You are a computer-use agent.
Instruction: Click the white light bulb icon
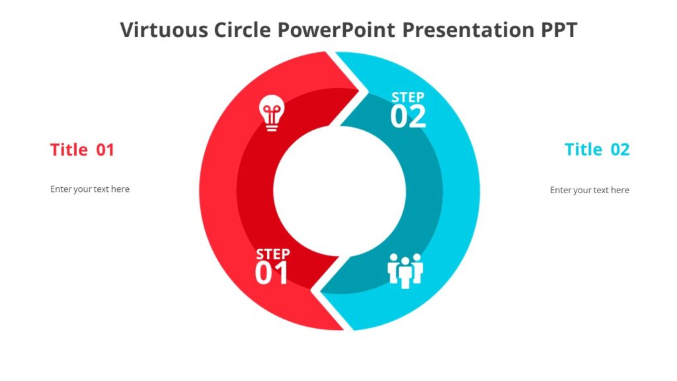point(271,112)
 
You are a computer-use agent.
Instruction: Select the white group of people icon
point(405,270)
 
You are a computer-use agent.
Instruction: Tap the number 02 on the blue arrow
point(408,118)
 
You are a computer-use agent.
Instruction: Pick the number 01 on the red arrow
point(272,274)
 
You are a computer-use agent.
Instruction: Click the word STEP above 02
point(408,98)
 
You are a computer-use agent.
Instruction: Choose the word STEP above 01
point(272,254)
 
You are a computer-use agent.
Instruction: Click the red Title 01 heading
point(82,150)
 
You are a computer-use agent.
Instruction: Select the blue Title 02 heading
point(597,150)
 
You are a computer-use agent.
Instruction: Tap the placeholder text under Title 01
point(90,189)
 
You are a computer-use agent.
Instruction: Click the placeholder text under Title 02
point(590,190)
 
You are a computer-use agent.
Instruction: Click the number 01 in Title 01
point(106,150)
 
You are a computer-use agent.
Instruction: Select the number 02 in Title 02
point(620,150)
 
